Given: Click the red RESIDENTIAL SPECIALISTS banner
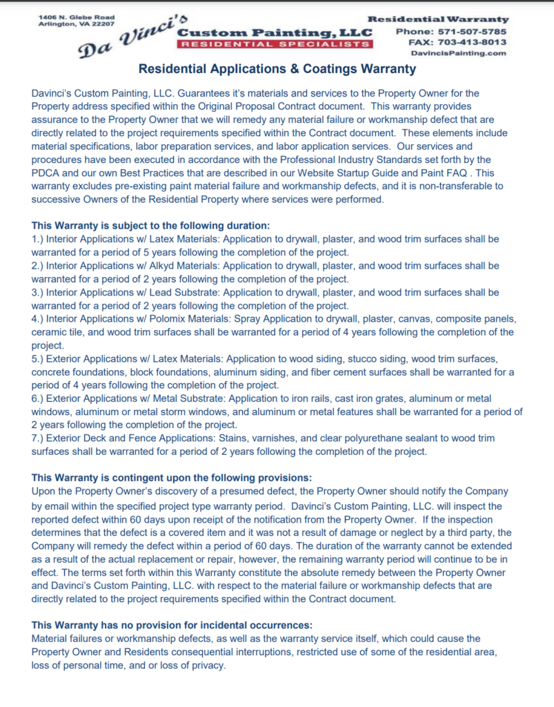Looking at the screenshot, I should [274, 44].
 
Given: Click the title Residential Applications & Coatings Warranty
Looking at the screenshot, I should [277, 69].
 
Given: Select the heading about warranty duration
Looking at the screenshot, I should [150, 225].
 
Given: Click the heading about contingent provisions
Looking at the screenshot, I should [172, 478].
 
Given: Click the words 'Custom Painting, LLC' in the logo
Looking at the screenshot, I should [275, 32].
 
